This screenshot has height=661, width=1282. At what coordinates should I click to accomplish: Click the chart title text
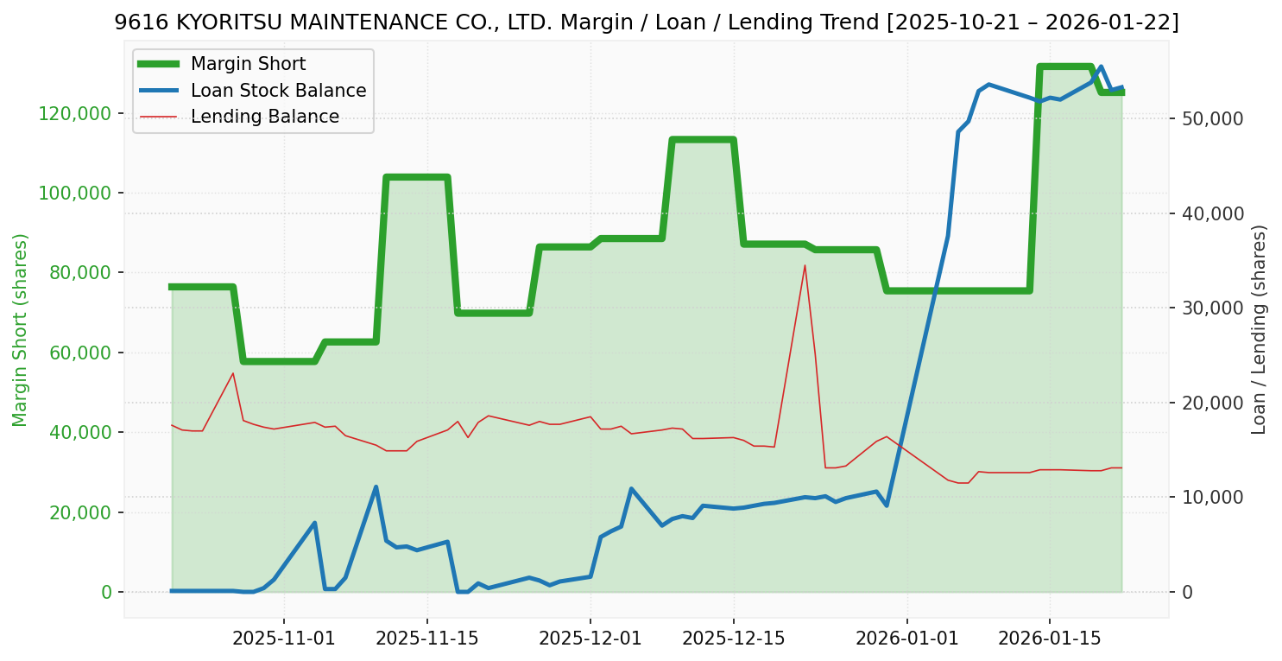coord(646,23)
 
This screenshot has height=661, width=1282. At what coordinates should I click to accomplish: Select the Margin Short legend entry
coord(248,64)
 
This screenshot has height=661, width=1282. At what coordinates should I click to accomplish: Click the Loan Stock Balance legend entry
coord(278,91)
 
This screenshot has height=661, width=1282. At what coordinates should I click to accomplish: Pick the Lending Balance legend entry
coord(264,117)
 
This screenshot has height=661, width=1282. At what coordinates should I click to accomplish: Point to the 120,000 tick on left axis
coord(76,113)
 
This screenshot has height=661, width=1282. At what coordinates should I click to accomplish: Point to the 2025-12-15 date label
coord(733,639)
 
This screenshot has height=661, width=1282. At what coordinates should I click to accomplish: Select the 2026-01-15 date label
coord(1049,639)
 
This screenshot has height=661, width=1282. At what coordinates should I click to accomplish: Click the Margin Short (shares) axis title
coord(20,330)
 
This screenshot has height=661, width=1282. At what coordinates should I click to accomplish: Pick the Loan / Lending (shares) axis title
coord(1259,330)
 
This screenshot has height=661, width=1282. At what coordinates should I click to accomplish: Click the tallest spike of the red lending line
coord(805,265)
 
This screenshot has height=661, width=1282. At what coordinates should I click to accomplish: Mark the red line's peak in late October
coord(233,372)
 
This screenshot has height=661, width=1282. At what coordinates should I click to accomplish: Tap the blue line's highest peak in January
coord(1101,67)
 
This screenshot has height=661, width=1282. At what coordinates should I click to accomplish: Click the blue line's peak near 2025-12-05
coord(631,488)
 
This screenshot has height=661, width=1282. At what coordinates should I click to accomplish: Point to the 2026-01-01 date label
coord(907,639)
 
